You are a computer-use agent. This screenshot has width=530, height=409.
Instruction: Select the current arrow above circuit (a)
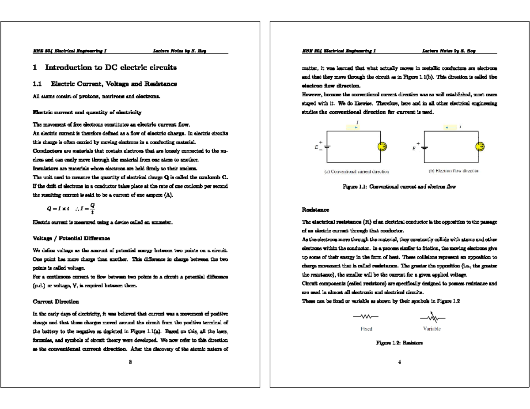356,127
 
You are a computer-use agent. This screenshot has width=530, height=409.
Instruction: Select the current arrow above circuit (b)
447,128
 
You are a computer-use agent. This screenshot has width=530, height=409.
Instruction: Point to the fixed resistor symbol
366,317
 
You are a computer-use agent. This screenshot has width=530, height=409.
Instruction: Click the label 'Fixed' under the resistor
366,329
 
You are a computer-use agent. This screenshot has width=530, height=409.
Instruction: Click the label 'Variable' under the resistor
432,329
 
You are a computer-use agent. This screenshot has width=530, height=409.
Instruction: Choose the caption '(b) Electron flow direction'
452,171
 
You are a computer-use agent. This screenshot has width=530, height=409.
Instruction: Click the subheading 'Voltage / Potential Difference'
72,238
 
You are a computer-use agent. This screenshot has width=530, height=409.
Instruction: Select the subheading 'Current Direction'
56,302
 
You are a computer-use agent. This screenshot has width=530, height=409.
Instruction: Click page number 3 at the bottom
130,363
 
